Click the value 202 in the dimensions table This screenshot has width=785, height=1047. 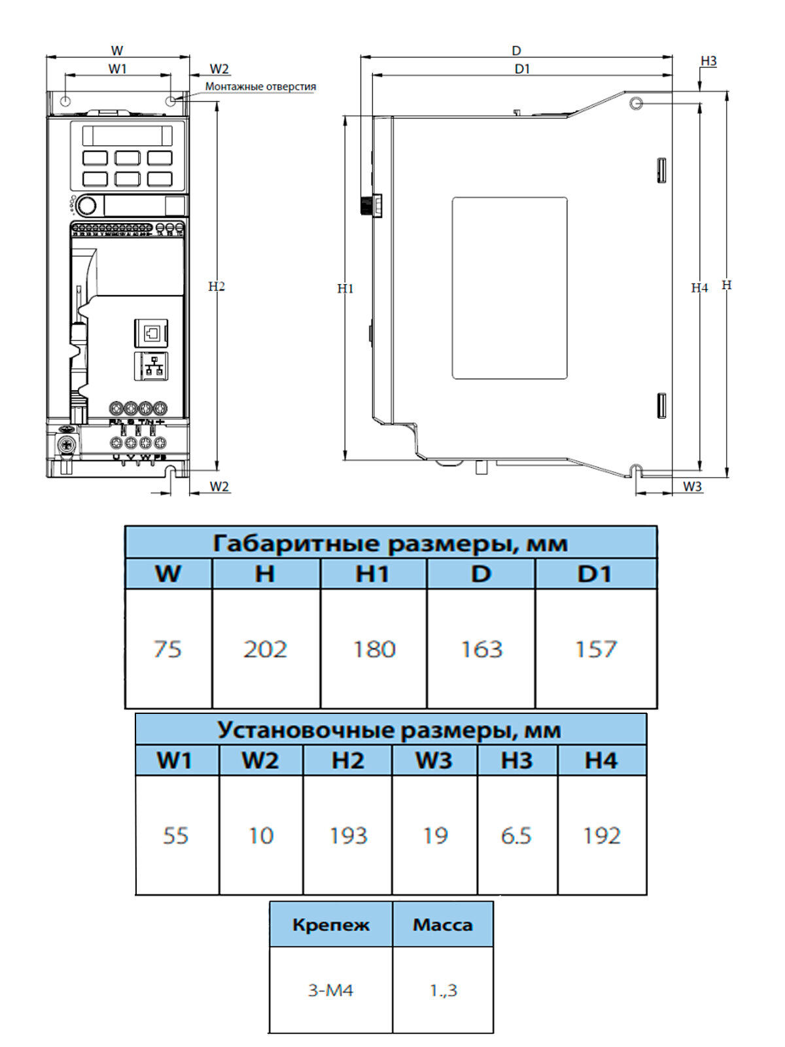tap(265, 649)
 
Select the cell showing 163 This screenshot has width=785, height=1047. tap(481, 649)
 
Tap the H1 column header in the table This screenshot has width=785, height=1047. tap(372, 574)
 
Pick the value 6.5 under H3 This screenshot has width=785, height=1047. tap(516, 836)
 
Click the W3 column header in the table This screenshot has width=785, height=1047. tap(434, 760)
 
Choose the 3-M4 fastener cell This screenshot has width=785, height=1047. tap(330, 990)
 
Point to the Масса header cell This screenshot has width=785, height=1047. tap(442, 925)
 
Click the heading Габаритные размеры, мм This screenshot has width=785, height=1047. tap(391, 543)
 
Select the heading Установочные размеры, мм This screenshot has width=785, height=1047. tap(390, 730)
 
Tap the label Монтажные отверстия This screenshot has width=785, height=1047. tap(260, 86)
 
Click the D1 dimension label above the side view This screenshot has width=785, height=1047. tap(522, 69)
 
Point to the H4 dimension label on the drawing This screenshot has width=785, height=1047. tap(699, 288)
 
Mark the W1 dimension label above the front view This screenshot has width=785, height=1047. tap(118, 69)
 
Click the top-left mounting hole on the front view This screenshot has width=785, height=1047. tap(65, 101)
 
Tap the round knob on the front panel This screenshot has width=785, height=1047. tap(86, 206)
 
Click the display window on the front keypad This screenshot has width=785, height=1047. tap(127, 135)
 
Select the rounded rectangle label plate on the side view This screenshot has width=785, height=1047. tap(510, 288)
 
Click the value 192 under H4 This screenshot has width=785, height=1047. tap(602, 836)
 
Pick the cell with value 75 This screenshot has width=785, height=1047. tap(167, 649)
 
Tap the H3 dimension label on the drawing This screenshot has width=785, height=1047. tap(708, 61)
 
